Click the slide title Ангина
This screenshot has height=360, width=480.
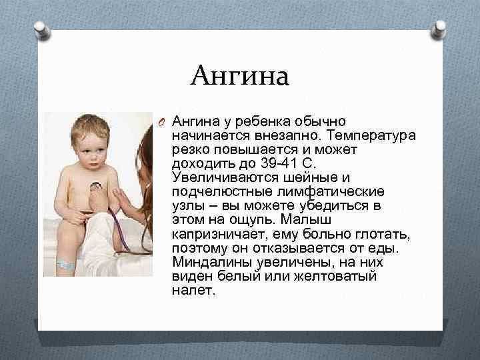[x=239, y=76]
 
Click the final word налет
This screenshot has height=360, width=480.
[x=193, y=291]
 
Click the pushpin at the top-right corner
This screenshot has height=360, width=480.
[x=440, y=30]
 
